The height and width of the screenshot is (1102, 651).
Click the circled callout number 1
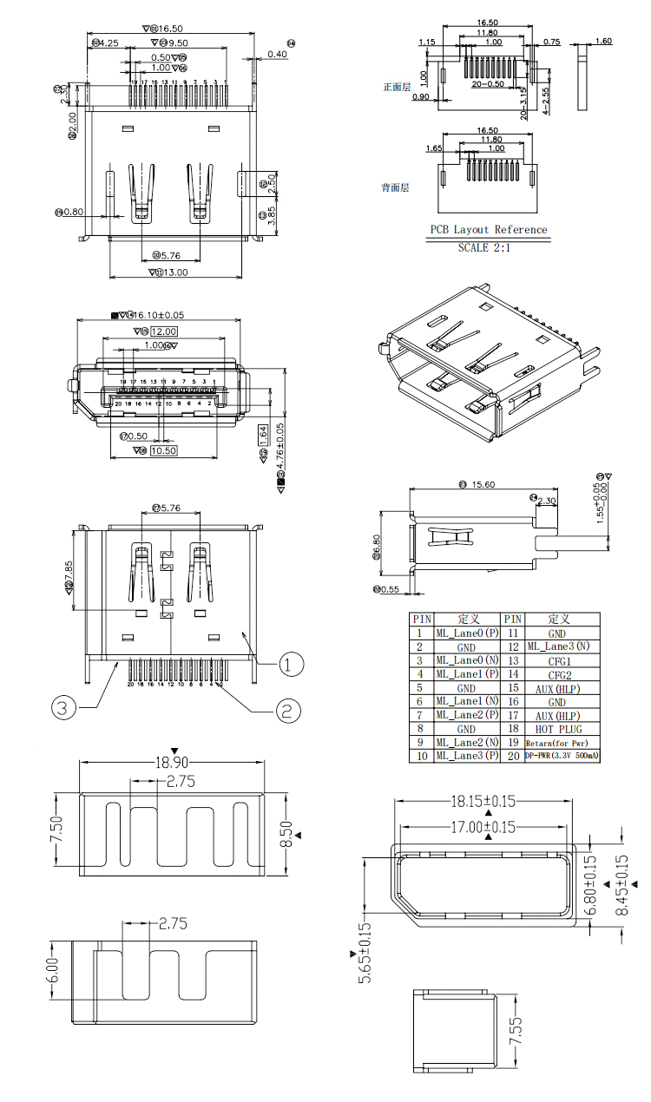tap(291, 665)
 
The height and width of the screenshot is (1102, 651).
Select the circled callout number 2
tap(288, 712)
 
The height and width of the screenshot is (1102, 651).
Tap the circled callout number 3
tap(60, 707)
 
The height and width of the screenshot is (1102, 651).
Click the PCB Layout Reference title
tap(489, 230)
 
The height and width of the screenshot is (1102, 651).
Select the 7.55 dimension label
tap(516, 1031)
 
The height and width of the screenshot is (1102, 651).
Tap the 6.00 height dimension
tap(52, 969)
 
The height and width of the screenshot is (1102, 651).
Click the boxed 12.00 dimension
tap(164, 331)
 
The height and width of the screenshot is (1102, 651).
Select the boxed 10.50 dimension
tap(164, 450)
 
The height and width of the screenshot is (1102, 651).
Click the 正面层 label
tap(396, 87)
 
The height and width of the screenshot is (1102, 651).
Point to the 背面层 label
tap(396, 187)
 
